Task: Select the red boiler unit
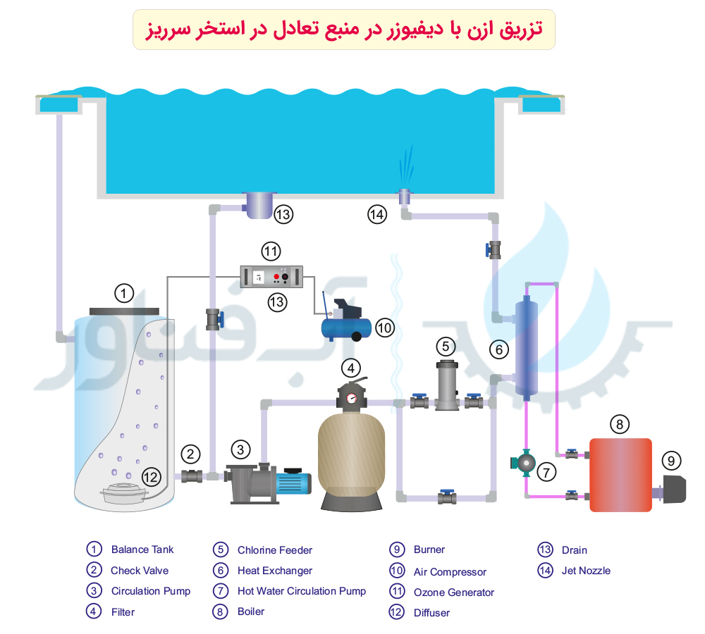click(620, 474)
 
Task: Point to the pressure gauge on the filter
click(352, 399)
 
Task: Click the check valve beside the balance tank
click(191, 476)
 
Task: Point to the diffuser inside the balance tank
click(126, 493)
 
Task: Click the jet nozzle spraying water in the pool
click(405, 192)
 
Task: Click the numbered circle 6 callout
click(498, 348)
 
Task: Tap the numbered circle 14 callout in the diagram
click(377, 214)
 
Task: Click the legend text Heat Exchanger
click(275, 571)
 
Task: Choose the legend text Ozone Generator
click(454, 592)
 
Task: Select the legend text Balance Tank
click(142, 549)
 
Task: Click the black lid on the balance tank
click(124, 311)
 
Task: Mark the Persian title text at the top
click(344, 29)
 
